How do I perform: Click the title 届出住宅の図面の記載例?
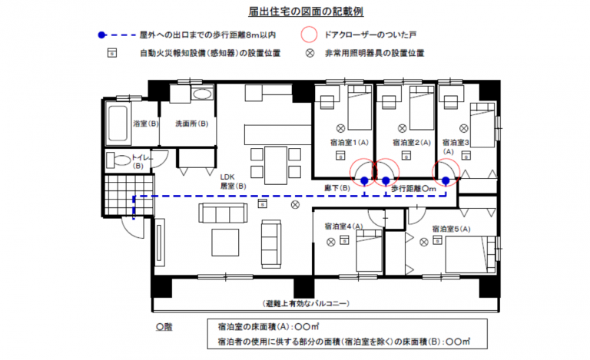click(306, 12)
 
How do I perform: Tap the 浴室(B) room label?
click(146, 124)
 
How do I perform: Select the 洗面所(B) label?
click(192, 124)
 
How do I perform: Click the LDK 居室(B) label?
click(233, 181)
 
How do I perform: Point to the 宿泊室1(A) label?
click(350, 143)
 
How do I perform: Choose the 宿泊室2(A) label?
click(412, 143)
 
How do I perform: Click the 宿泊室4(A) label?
click(343, 226)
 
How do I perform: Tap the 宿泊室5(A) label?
click(451, 229)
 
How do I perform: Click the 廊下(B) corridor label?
click(337, 188)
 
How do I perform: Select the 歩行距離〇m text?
click(413, 189)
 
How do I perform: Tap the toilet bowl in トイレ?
click(118, 160)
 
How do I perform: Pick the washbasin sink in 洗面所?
click(202, 94)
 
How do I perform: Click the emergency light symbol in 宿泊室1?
click(340, 128)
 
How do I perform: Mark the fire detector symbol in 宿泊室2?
click(406, 155)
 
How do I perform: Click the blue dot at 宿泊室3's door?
click(446, 180)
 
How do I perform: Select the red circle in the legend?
click(310, 35)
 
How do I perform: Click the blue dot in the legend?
click(101, 35)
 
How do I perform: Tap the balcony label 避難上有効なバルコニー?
click(307, 304)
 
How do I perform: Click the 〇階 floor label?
click(164, 327)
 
